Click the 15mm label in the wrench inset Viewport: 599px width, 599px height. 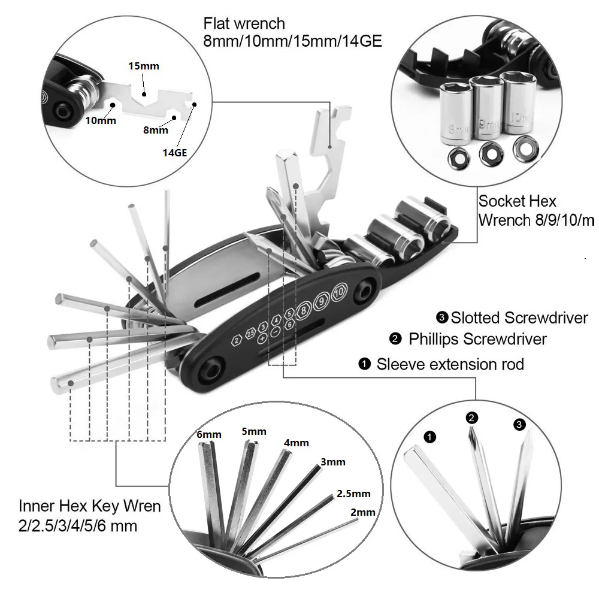coord(144,66)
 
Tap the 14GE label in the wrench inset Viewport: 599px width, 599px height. coord(175,152)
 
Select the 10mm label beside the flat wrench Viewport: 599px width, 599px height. coord(100,120)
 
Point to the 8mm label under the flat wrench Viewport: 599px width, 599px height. coord(156,129)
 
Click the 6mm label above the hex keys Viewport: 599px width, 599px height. coord(209,434)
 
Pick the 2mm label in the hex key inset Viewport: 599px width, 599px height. coord(363,512)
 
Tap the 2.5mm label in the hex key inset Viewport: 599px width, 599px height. coord(353,494)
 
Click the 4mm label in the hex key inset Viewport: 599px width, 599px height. coord(297,443)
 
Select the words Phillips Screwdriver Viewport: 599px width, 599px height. coord(477,339)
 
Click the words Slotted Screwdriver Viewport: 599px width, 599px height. coord(519,317)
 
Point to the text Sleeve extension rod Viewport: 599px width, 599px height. coord(450,364)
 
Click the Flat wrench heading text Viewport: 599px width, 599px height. coord(244,24)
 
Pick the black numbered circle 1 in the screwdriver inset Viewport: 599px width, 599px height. coord(430,437)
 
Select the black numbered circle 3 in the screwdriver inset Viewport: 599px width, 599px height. coord(519,425)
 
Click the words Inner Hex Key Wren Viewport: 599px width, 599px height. coord(89,506)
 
